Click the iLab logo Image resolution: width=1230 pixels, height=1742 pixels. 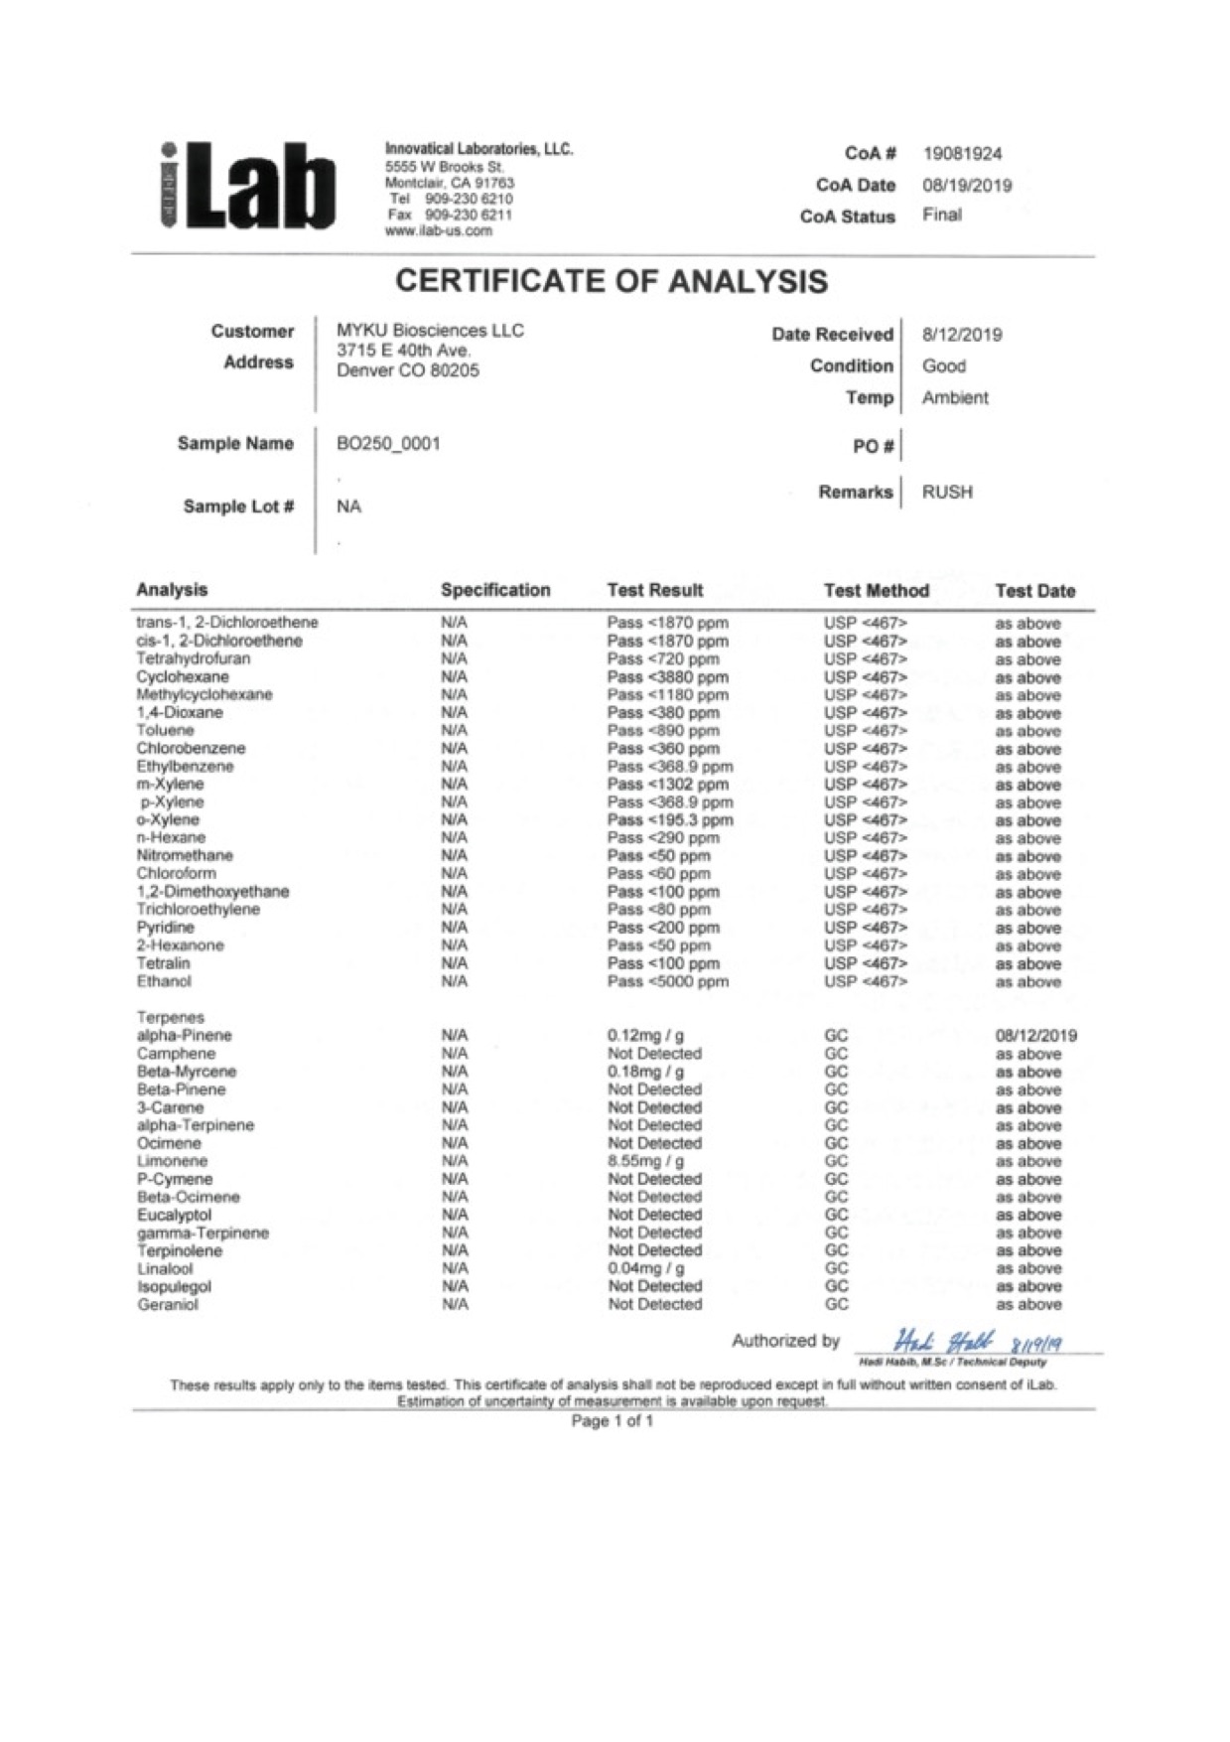tap(247, 187)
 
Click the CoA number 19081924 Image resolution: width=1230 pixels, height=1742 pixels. tap(962, 154)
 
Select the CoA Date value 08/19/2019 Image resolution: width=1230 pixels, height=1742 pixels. tap(966, 185)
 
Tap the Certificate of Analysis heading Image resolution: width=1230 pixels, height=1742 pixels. tap(612, 282)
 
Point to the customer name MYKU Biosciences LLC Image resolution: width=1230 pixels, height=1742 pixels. tap(430, 331)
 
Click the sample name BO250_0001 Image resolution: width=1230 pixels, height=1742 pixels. tap(388, 444)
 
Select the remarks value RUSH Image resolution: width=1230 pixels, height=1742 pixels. tap(947, 493)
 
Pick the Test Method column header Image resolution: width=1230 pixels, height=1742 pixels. tap(876, 591)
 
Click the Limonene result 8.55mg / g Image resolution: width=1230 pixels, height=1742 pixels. tap(645, 1161)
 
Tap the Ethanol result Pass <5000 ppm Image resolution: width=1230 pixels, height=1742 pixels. tap(667, 982)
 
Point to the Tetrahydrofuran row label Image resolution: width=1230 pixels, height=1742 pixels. tap(194, 658)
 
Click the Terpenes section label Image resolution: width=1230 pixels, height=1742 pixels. tap(171, 1018)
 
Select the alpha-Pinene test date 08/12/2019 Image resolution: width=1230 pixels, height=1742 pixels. tap(1035, 1036)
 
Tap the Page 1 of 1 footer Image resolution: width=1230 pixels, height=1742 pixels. tap(613, 1422)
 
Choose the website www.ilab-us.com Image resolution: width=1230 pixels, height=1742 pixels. tap(438, 231)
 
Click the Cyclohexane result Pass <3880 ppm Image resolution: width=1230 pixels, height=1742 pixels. tap(667, 677)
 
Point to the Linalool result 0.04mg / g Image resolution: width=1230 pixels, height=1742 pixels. tap(645, 1268)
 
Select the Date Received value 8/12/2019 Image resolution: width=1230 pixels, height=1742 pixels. tap(962, 335)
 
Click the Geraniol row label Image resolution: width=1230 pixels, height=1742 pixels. tap(168, 1305)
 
